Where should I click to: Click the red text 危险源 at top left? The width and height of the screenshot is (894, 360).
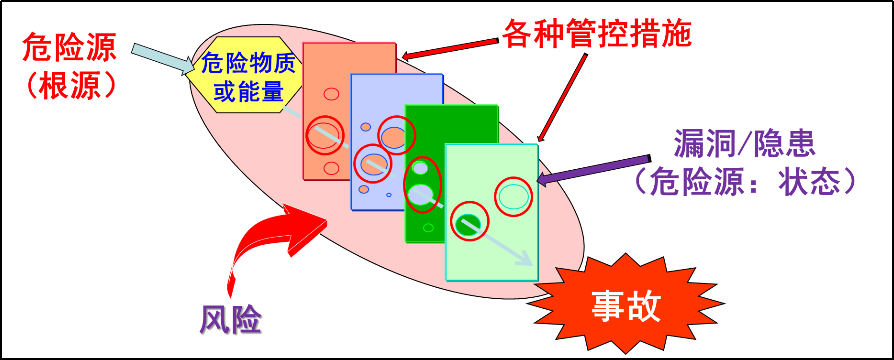[x=70, y=46]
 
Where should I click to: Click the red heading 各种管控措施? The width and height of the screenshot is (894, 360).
[x=597, y=34]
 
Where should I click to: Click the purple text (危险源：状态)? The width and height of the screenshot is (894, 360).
[x=746, y=181]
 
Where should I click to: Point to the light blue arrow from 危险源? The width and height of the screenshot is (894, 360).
[x=161, y=58]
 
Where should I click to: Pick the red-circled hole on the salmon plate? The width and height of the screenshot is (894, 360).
[x=324, y=134]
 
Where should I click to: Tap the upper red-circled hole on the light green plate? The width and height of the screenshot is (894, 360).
[x=513, y=196]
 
